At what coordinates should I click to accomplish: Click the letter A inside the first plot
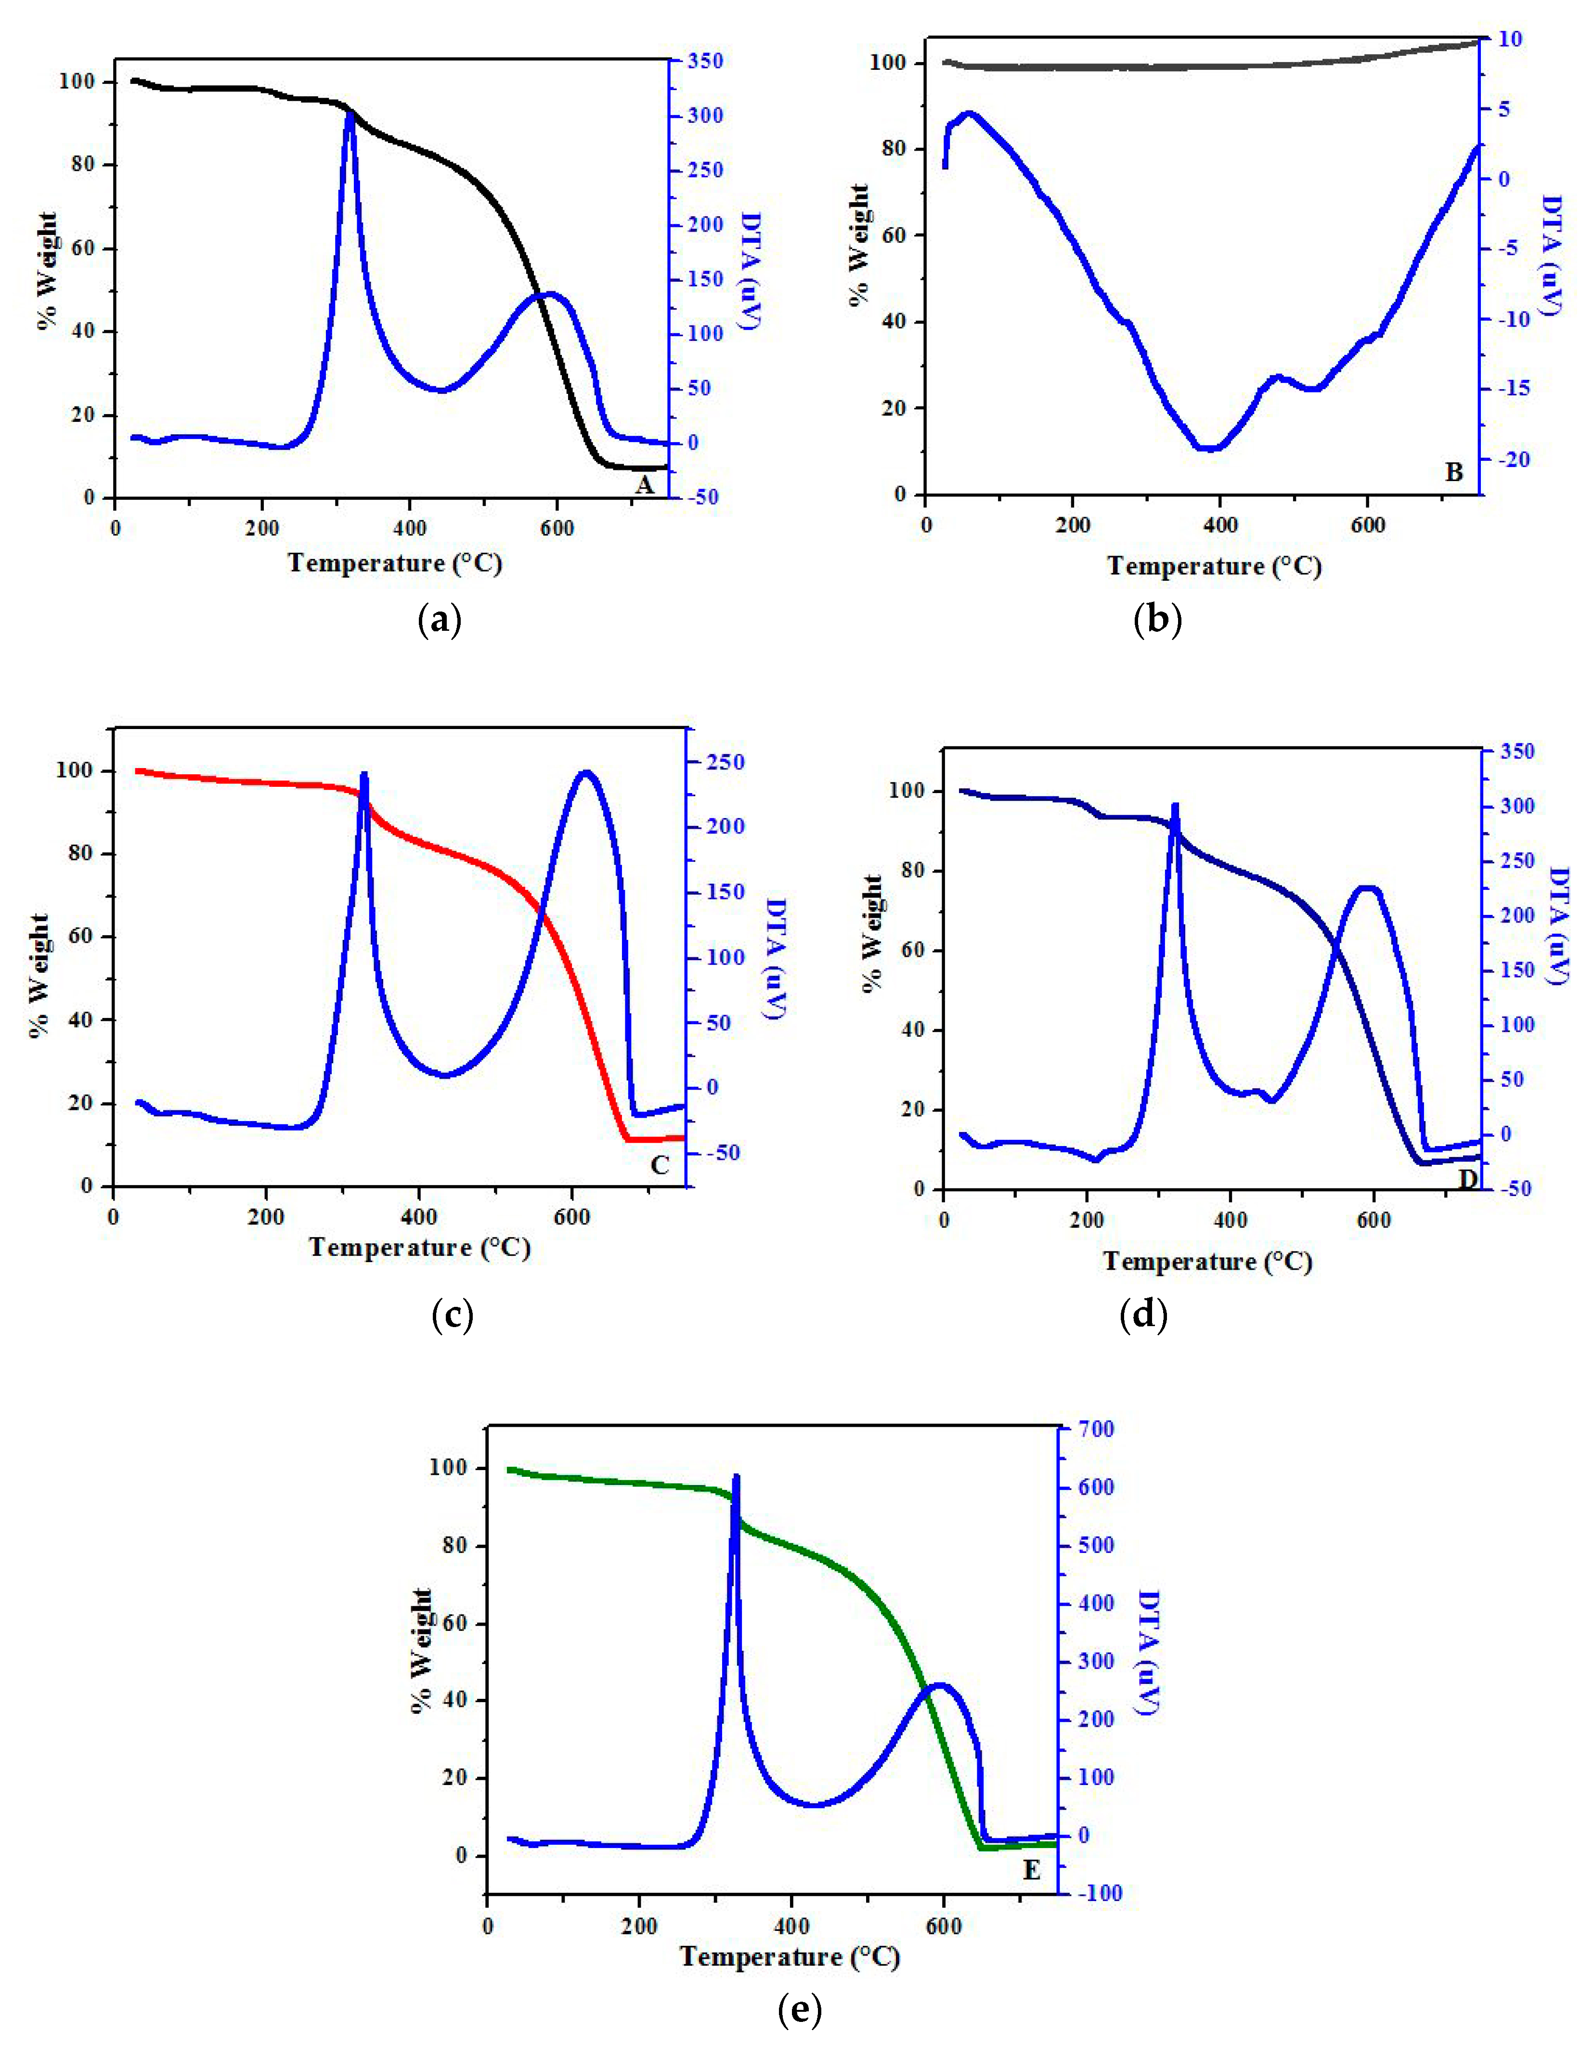(x=644, y=484)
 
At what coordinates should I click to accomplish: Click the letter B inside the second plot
(x=1453, y=472)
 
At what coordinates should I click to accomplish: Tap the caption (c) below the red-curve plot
(x=453, y=1316)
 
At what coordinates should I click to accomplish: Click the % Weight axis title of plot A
(x=47, y=272)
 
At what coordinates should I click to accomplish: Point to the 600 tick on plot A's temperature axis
(x=557, y=527)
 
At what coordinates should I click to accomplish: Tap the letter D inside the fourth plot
(x=1467, y=1178)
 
